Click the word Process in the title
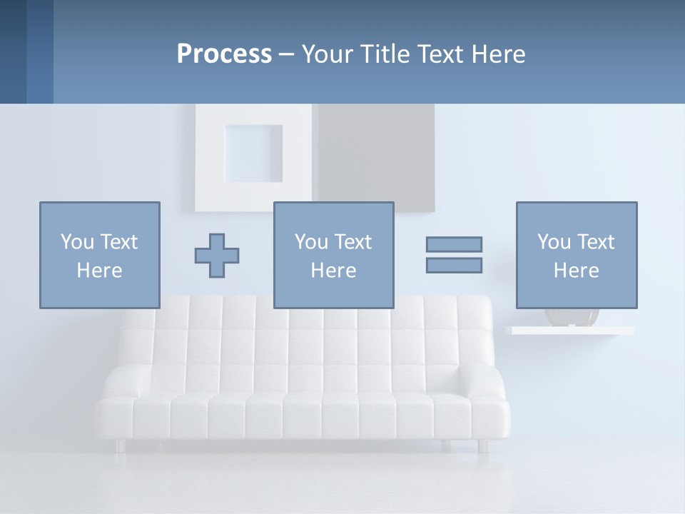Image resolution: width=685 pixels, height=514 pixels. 224,54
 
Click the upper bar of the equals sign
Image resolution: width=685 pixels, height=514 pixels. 454,244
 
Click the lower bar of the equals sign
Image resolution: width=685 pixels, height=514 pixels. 454,265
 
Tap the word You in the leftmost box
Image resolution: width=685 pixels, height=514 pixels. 76,242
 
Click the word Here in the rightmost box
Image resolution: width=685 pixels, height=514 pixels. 576,271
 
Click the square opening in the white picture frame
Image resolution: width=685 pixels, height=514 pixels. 253,153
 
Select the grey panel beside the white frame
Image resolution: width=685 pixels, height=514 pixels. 376,153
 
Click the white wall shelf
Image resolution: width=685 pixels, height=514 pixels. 569,331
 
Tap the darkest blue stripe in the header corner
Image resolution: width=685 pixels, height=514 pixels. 13,51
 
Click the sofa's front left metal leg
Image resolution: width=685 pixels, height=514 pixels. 119,445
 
